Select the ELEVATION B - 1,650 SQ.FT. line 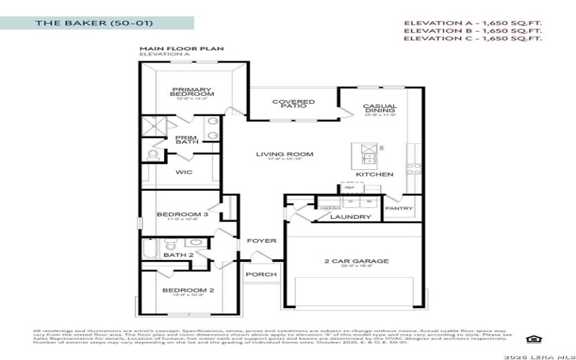pos(472,31)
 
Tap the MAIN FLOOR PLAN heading pos(181,48)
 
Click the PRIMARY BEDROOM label pos(192,92)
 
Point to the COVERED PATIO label pos(293,105)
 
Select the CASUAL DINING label pos(380,109)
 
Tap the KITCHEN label pos(375,174)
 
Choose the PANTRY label pos(399,209)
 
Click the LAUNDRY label pos(351,216)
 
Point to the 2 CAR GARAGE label pos(356,261)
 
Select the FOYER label pos(261,240)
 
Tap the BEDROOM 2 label pos(188,291)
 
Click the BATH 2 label pos(179,255)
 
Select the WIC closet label pos(183,172)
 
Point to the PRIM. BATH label pos(187,139)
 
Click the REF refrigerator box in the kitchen pos(348,187)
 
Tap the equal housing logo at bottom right pos(533,339)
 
